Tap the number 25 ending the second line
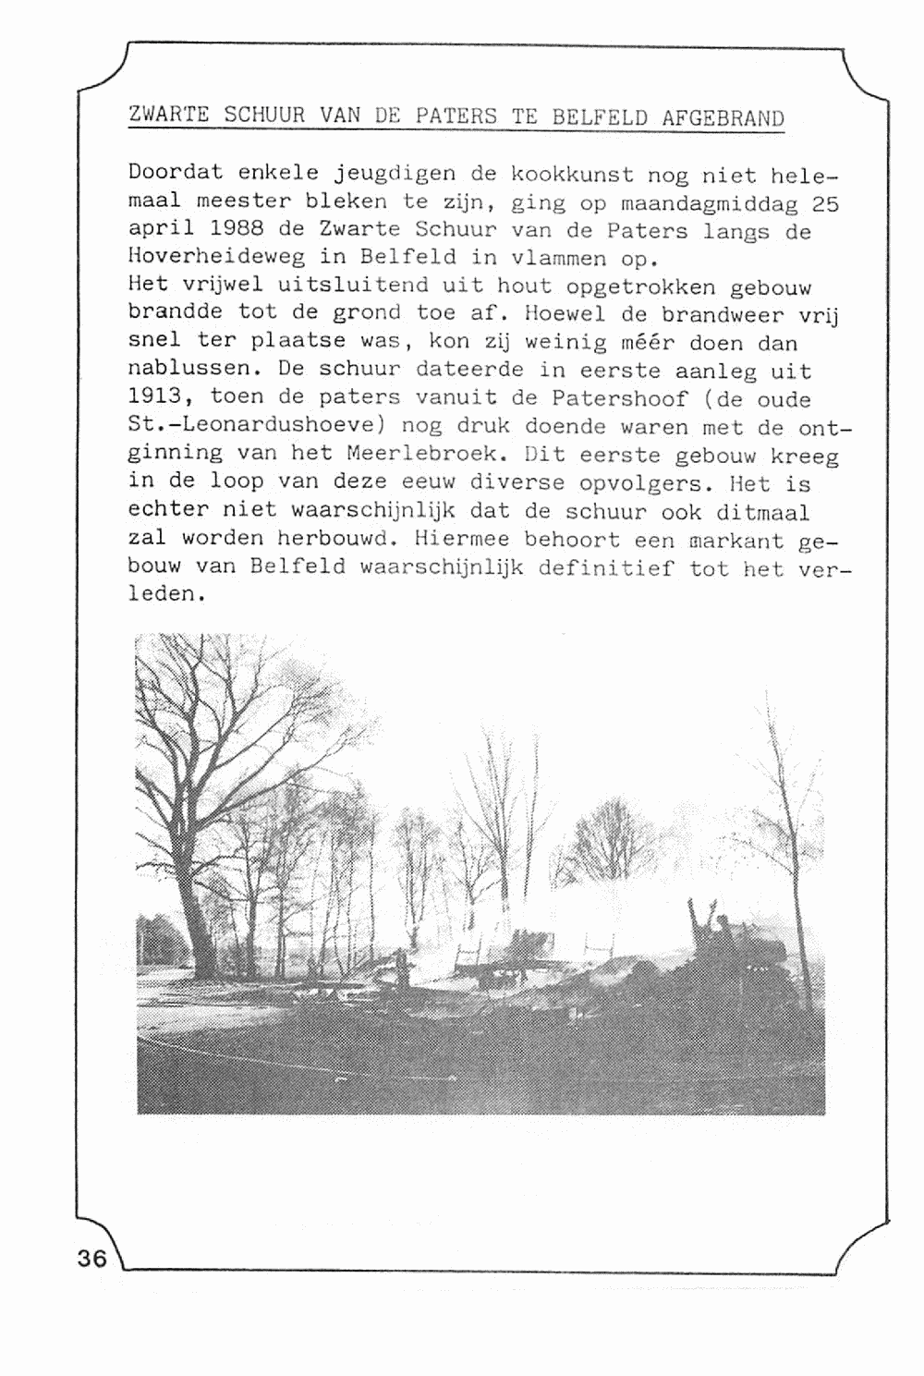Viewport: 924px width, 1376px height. [x=825, y=202]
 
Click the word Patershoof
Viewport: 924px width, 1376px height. [x=619, y=399]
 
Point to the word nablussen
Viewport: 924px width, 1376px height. [x=189, y=370]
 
